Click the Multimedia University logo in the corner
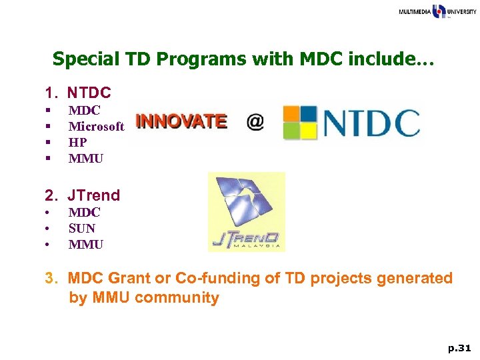[x=437, y=11]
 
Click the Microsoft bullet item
[x=96, y=127]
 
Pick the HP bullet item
[x=77, y=143]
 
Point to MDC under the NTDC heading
[x=84, y=111]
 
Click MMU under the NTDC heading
[x=86, y=159]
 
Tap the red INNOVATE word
[x=181, y=121]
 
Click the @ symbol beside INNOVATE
[x=255, y=122]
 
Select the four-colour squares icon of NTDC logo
[x=299, y=123]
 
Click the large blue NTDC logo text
[x=371, y=123]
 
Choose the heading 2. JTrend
[x=82, y=195]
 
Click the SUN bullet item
[x=82, y=229]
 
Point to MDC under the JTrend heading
[x=84, y=213]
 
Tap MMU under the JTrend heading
[x=86, y=245]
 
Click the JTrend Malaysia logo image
[x=246, y=211]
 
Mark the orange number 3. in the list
[x=52, y=278]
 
